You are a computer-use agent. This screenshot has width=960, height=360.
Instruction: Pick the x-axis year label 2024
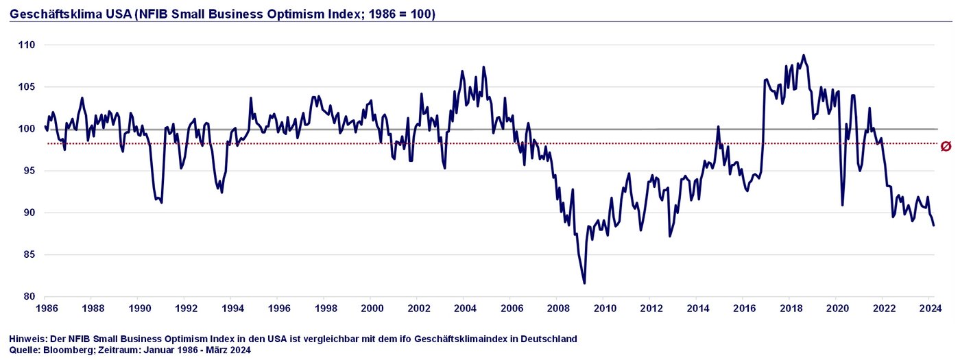929,308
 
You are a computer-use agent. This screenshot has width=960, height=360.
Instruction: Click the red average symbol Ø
946,145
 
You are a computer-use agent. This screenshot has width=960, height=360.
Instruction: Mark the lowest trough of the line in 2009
584,283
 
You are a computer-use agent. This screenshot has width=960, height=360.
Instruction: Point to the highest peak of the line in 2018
804,56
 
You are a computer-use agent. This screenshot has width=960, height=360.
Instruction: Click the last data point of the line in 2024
934,225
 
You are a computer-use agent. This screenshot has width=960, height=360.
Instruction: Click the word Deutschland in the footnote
549,339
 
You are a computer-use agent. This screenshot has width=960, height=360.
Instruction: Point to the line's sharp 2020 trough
843,204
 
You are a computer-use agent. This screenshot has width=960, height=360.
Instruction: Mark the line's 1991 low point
161,202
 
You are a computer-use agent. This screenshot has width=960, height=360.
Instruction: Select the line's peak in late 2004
483,67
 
